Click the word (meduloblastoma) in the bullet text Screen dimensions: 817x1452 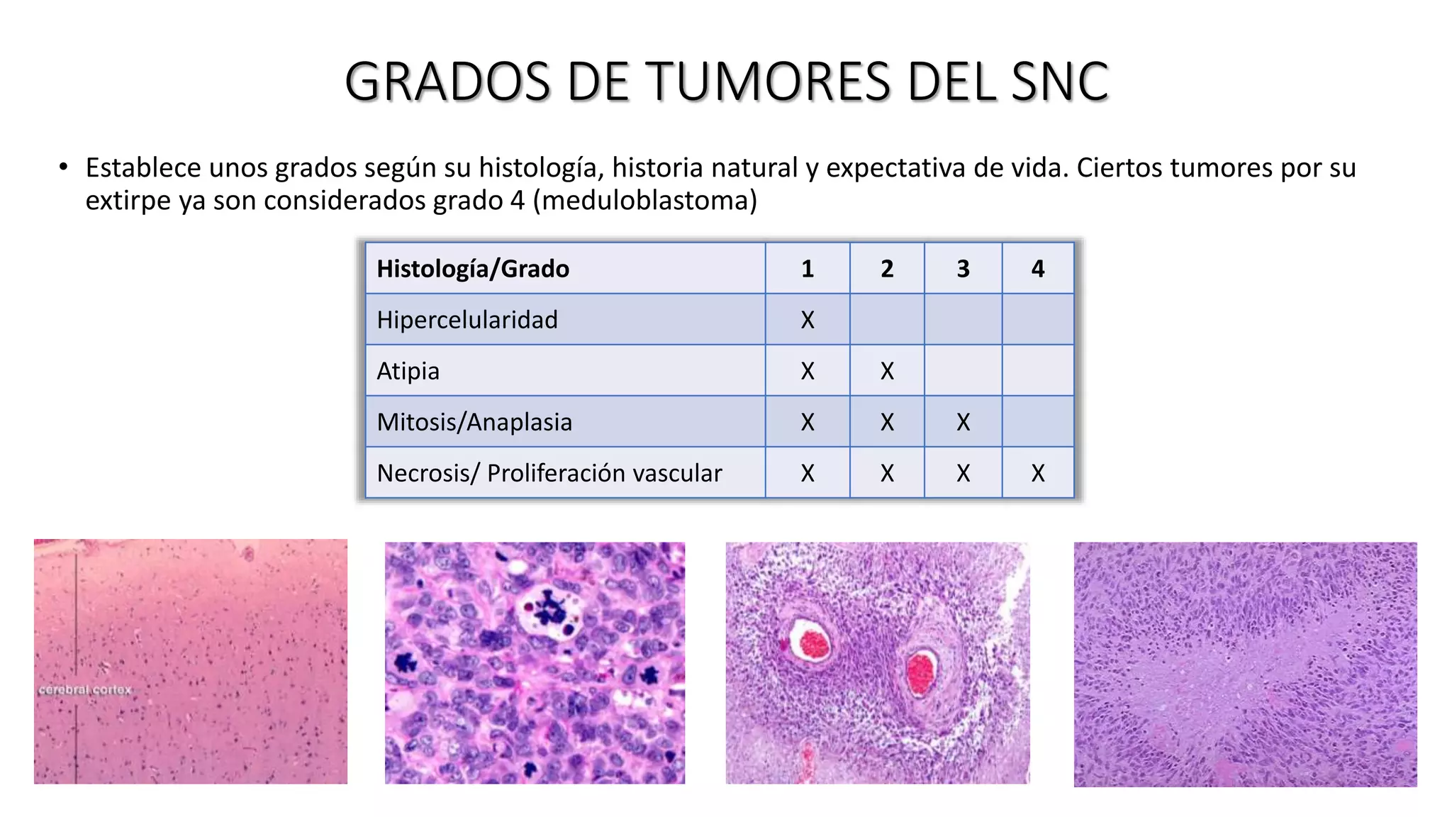[x=644, y=201]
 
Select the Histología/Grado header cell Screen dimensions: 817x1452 [x=473, y=269]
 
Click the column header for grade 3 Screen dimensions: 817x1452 [x=963, y=269]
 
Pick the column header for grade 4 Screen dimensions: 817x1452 [x=1037, y=269]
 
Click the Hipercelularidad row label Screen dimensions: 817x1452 [x=467, y=320]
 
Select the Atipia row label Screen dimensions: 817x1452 [x=408, y=371]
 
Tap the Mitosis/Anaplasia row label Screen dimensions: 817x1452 [x=474, y=422]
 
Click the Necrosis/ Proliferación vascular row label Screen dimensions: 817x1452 [x=549, y=473]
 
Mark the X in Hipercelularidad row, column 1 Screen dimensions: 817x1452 [x=808, y=320]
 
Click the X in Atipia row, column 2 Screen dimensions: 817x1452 [x=887, y=371]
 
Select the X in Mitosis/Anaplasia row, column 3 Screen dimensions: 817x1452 [x=963, y=422]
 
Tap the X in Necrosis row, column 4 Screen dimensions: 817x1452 [x=1037, y=473]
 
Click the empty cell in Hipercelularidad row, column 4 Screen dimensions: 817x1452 [x=1037, y=320]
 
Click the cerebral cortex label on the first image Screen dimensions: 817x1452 [x=85, y=690]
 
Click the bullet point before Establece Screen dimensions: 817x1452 [x=64, y=167]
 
